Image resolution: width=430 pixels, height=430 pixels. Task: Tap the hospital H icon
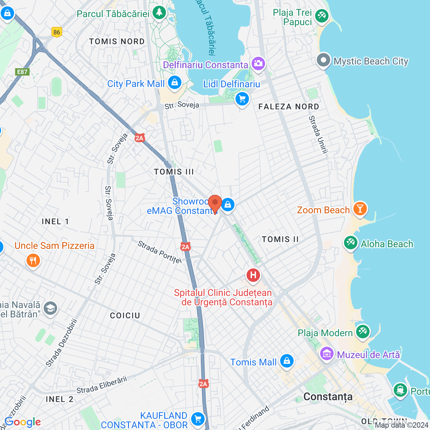253,275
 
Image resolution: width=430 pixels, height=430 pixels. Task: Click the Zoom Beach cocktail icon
360,209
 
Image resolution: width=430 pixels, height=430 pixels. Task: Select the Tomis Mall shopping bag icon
287,361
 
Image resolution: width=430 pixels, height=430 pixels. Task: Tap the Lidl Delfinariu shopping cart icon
242,99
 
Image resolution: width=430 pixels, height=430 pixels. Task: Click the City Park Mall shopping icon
174,82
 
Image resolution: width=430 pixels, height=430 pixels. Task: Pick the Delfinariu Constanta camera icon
258,63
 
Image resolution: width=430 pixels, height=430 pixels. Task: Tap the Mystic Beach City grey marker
324,60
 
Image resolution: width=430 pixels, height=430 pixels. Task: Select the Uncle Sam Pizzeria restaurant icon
33,260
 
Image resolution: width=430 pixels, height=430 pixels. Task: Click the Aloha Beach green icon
351,243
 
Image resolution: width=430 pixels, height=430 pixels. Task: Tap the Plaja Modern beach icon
362,332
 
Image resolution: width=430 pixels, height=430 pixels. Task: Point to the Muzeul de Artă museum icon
327,353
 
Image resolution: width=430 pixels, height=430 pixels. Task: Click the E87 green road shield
23,72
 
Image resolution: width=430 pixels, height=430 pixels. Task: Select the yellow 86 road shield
57,32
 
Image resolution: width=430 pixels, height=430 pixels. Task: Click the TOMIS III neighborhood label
174,172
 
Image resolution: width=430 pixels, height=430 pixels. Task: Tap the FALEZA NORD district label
289,107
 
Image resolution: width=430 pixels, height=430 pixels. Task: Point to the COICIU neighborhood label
125,315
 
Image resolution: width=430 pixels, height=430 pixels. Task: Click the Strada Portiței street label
160,252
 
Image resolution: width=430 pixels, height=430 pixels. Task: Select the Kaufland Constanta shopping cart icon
198,419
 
